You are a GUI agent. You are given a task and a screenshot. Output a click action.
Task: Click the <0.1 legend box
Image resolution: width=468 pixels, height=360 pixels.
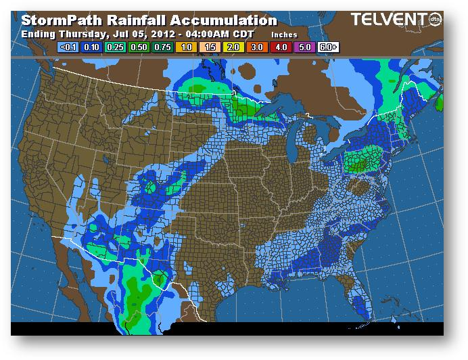(68, 47)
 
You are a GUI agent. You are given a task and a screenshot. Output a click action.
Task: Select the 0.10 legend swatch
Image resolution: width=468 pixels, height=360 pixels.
(92, 47)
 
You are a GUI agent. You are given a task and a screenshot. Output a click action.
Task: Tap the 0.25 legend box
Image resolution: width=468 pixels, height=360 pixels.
(116, 47)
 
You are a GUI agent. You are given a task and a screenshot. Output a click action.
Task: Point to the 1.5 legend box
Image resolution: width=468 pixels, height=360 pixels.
(210, 47)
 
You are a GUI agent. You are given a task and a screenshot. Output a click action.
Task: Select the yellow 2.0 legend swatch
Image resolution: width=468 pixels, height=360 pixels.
(234, 47)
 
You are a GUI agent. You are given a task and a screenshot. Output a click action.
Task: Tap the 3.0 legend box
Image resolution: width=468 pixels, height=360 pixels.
(258, 47)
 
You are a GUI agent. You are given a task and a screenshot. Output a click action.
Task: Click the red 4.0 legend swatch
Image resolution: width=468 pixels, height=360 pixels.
(281, 47)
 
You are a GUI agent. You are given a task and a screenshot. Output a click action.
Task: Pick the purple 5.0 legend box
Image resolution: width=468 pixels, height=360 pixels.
(305, 47)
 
